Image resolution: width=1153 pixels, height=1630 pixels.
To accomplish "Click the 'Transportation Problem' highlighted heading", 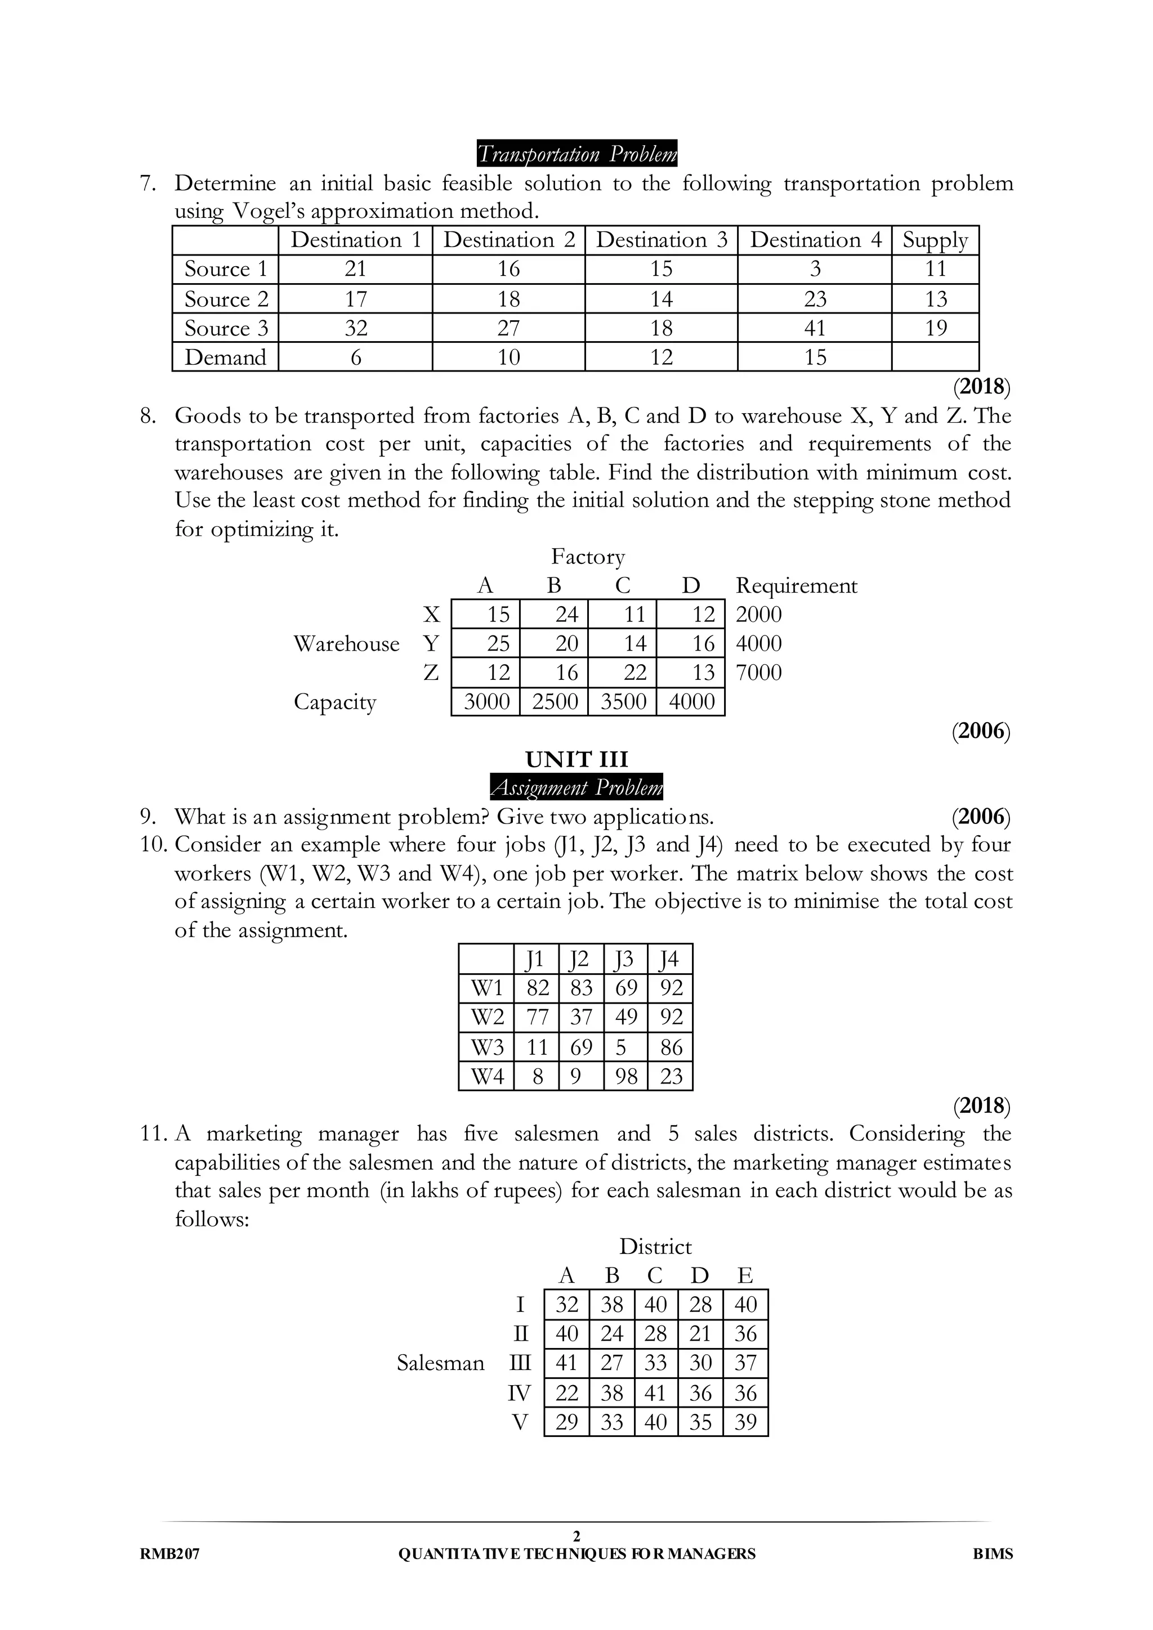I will [x=576, y=153].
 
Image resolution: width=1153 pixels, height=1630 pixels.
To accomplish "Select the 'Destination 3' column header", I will [x=661, y=240].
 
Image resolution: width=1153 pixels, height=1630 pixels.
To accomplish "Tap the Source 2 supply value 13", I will [x=935, y=299].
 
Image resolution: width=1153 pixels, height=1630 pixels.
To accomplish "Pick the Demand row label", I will [x=225, y=357].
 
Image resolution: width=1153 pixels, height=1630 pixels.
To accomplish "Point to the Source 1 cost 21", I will [x=355, y=269].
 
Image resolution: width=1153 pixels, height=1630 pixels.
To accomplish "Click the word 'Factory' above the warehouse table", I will [x=588, y=557].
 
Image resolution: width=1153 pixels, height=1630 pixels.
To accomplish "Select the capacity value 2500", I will [x=555, y=701].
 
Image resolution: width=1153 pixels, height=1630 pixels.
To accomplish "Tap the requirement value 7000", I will [x=758, y=672].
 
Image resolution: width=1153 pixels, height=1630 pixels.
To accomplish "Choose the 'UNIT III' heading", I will [x=576, y=760].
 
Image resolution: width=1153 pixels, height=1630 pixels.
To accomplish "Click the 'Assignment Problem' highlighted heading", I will [x=576, y=787].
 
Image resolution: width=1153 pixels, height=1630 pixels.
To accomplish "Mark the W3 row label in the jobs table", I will [x=487, y=1047].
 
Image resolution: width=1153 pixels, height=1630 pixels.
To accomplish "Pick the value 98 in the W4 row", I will [x=625, y=1076].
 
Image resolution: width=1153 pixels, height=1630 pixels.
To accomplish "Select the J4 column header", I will [x=669, y=960].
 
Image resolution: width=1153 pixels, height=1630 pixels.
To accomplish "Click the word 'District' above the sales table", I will [x=655, y=1247].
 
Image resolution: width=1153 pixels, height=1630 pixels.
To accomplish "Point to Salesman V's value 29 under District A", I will [x=566, y=1422].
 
